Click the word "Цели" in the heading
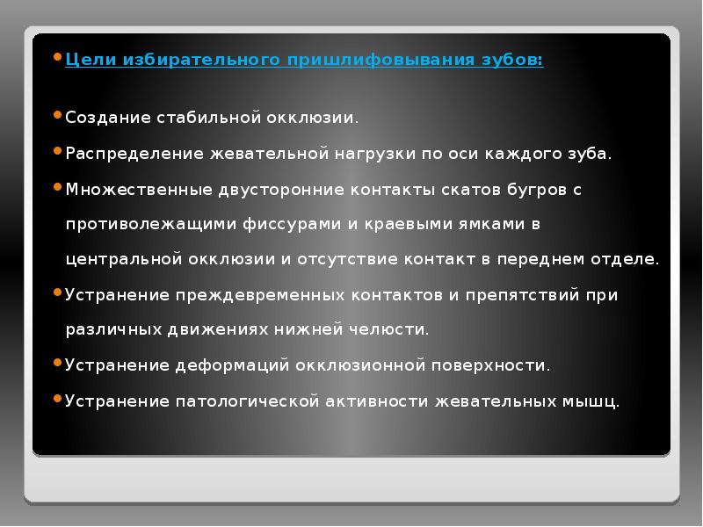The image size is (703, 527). (87, 60)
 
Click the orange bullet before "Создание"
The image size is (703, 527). (58, 115)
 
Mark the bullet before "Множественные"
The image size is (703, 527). (58, 187)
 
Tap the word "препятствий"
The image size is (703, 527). (513, 296)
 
